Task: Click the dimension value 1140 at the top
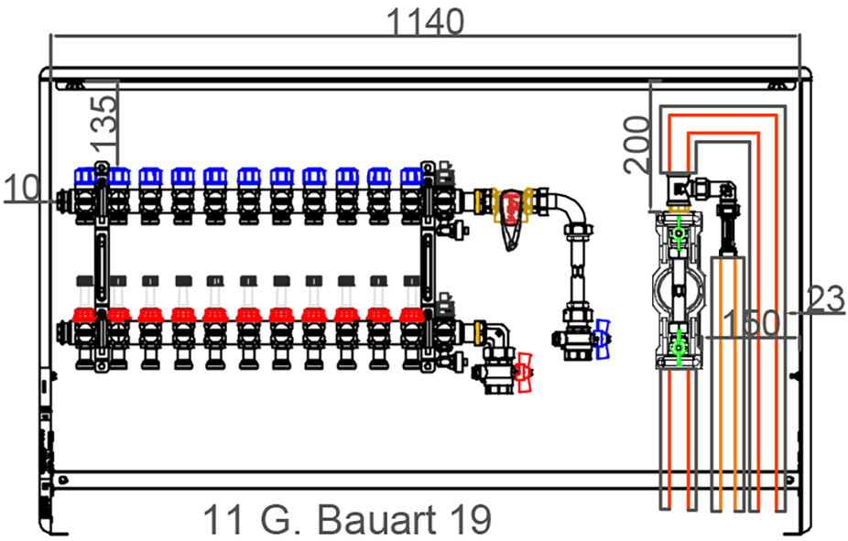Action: click(426, 22)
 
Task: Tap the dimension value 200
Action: click(636, 145)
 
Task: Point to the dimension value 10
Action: click(22, 189)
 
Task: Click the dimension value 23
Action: click(825, 299)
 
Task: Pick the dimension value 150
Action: click(751, 322)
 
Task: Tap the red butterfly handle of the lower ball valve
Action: click(523, 373)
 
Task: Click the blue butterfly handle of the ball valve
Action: click(602, 339)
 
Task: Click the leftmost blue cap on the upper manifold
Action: click(85, 176)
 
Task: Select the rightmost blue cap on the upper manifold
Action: click(411, 176)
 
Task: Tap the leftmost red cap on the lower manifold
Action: click(84, 315)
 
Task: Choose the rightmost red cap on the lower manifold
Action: click(411, 315)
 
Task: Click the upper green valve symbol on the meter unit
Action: click(678, 233)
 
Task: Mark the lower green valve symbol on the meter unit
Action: click(678, 347)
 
